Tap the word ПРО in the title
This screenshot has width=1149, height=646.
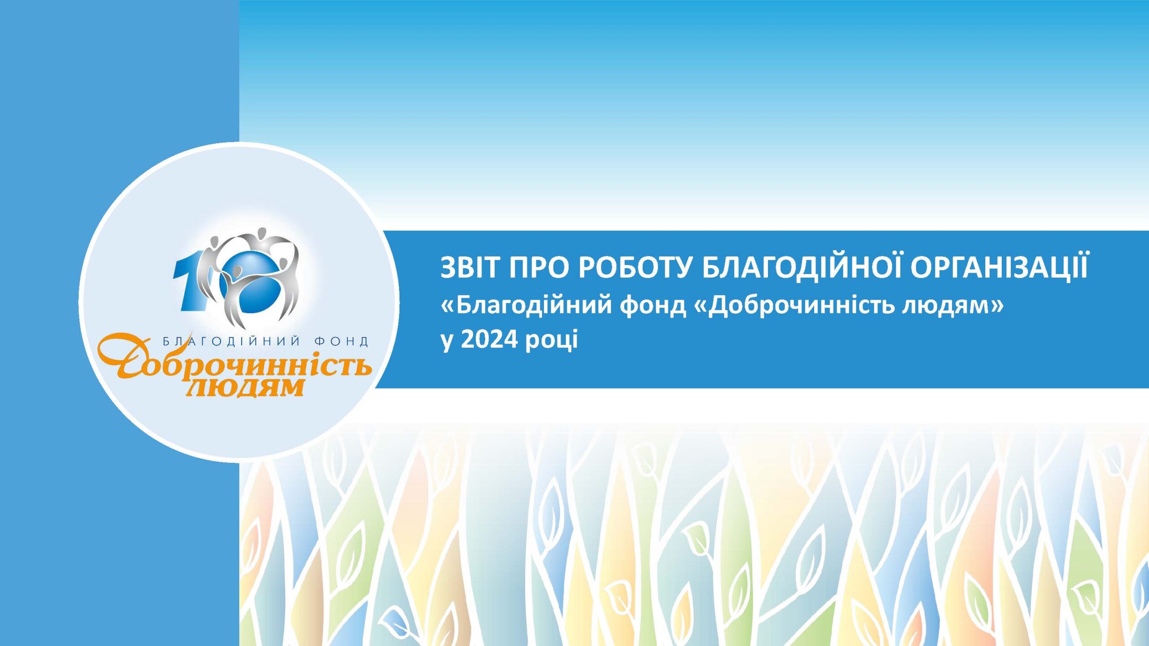click(x=539, y=268)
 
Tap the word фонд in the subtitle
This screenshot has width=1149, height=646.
click(x=653, y=306)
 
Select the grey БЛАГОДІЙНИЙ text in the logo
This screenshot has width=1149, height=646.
click(x=231, y=341)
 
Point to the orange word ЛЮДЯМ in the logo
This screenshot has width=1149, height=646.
click(x=245, y=387)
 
